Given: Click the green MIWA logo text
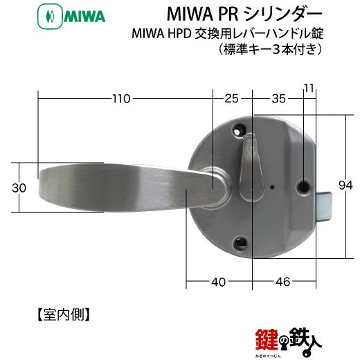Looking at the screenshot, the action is [84, 17].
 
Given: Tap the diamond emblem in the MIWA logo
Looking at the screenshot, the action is [50, 17].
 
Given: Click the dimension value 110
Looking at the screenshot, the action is [121, 99].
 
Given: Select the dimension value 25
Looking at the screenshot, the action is [231, 99].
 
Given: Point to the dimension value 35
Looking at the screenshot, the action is [279, 99].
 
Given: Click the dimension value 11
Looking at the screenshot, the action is [309, 88].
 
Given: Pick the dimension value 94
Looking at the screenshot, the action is [346, 186].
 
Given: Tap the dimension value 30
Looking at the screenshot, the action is [19, 188].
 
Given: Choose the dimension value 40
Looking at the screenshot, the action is [218, 282].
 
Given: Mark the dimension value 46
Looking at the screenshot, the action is [282, 282].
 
